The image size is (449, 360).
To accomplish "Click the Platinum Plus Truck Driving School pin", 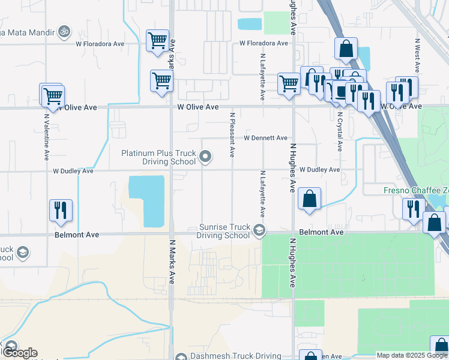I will (206, 158).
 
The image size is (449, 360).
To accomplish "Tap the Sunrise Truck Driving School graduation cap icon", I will (259, 229).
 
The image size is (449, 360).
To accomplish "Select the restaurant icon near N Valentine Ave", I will (61, 210).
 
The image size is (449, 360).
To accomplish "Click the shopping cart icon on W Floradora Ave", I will (158, 41).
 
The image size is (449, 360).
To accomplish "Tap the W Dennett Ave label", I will (265, 138).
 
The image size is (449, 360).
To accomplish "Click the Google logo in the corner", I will (19, 353).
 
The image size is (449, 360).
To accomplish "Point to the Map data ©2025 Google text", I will (412, 355).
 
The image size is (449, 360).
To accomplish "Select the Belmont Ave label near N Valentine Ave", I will (76, 235).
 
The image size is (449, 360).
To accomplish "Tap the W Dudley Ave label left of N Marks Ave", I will (73, 171).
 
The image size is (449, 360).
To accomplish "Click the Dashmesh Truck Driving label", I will (236, 356).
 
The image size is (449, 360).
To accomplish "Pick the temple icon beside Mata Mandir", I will (64, 31).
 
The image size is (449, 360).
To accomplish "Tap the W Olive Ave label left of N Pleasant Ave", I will (198, 106).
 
